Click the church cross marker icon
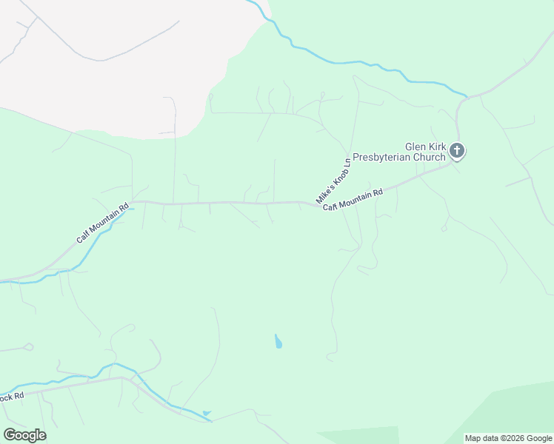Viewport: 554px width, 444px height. click(457, 152)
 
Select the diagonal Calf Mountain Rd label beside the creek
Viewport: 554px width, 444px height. click(103, 223)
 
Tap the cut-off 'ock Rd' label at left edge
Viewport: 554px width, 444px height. click(12, 397)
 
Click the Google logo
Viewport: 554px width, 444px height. click(24, 434)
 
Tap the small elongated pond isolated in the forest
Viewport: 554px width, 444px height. click(278, 342)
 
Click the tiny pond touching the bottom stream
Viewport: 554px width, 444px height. click(206, 413)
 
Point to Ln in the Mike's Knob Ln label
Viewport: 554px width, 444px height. click(346, 162)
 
